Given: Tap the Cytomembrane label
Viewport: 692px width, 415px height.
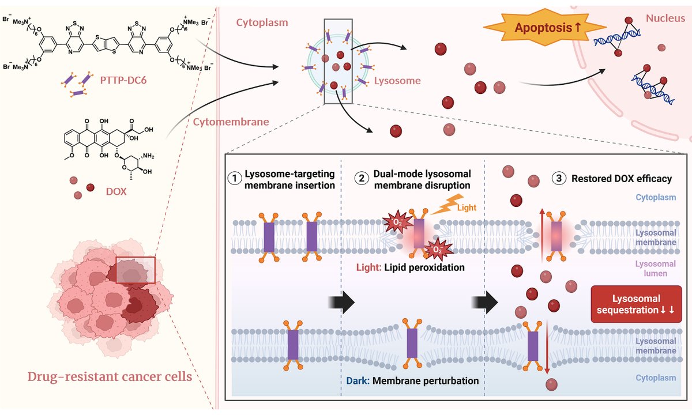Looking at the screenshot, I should point(222,122).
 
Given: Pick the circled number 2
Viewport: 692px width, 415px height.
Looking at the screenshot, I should point(361,179).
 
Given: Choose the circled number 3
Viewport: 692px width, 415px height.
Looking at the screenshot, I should point(558,179).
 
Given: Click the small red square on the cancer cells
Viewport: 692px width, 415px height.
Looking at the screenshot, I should point(136,270).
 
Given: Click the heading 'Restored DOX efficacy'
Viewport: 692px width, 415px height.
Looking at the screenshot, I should point(621,179).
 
